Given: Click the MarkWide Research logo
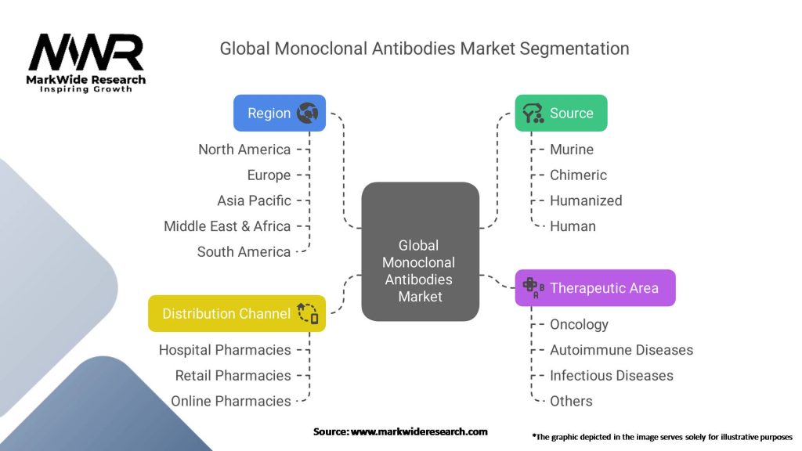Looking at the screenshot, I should [86, 63].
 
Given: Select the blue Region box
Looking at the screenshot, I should [279, 114].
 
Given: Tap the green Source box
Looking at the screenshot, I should [561, 114].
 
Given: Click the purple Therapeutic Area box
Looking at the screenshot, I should [594, 288].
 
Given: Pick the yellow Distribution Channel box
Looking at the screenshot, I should [237, 314].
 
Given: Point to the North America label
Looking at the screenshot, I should [244, 150].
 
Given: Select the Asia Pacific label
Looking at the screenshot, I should [254, 200].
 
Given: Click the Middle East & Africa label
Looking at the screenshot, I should [227, 226].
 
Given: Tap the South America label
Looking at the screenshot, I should [244, 252].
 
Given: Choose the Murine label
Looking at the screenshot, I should [572, 150].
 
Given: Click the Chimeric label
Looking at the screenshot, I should [578, 175].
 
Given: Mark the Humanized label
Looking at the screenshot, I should [586, 200].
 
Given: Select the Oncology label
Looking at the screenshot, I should [579, 324].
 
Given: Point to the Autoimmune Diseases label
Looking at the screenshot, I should [621, 350].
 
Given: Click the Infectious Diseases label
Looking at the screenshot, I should [611, 376].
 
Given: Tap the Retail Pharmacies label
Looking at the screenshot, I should [233, 376].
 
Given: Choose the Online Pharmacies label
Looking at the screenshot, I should [231, 401].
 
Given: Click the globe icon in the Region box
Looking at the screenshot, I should [307, 114].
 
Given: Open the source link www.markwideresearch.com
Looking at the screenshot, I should [419, 431].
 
